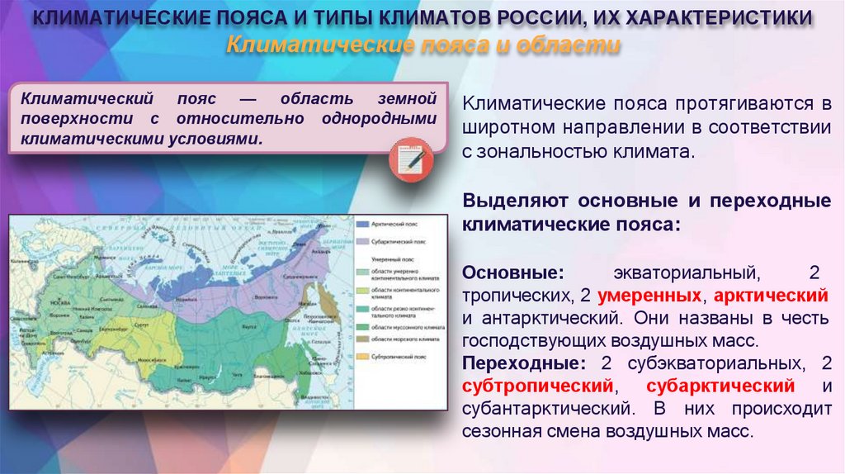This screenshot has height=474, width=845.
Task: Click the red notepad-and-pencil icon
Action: point(410,154)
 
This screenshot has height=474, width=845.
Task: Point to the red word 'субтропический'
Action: point(539,386)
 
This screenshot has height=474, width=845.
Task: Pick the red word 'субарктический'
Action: point(720,386)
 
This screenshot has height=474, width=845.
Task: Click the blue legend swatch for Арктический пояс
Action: point(362,223)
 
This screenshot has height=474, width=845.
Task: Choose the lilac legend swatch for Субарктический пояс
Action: point(362,243)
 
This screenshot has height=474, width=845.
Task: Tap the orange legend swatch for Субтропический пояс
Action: point(362,357)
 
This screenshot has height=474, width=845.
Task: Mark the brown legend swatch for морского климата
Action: point(362,339)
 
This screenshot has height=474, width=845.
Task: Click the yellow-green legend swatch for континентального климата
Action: point(362,290)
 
